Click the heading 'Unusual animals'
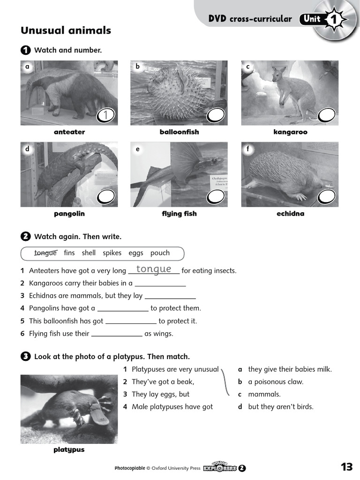[x=66, y=30]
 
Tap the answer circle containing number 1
[x=106, y=115]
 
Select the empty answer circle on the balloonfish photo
[x=216, y=115]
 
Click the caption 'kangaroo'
[x=290, y=132]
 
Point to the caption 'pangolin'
[x=69, y=214]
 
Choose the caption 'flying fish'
[x=179, y=214]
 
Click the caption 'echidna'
[x=290, y=214]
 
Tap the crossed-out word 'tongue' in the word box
[x=45, y=253]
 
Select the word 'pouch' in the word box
[x=160, y=253]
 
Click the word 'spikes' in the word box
[x=112, y=253]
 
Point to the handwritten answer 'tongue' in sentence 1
[x=153, y=269]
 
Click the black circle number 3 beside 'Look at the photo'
[x=25, y=357]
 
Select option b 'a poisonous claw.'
[x=276, y=382]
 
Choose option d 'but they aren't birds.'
[x=280, y=406]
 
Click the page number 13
[x=346, y=467]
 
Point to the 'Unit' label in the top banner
[x=312, y=19]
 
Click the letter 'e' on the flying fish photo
[x=137, y=150]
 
